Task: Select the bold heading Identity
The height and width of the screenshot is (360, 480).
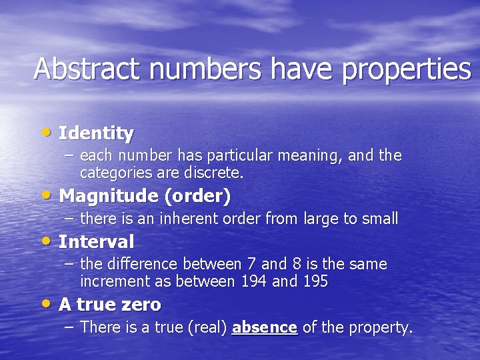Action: pyautogui.click(x=96, y=133)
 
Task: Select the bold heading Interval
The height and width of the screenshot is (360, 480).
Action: pyautogui.click(x=96, y=241)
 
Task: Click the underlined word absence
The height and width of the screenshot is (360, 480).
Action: pyautogui.click(x=265, y=327)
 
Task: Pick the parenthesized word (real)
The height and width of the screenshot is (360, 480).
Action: pyautogui.click(x=207, y=327)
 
